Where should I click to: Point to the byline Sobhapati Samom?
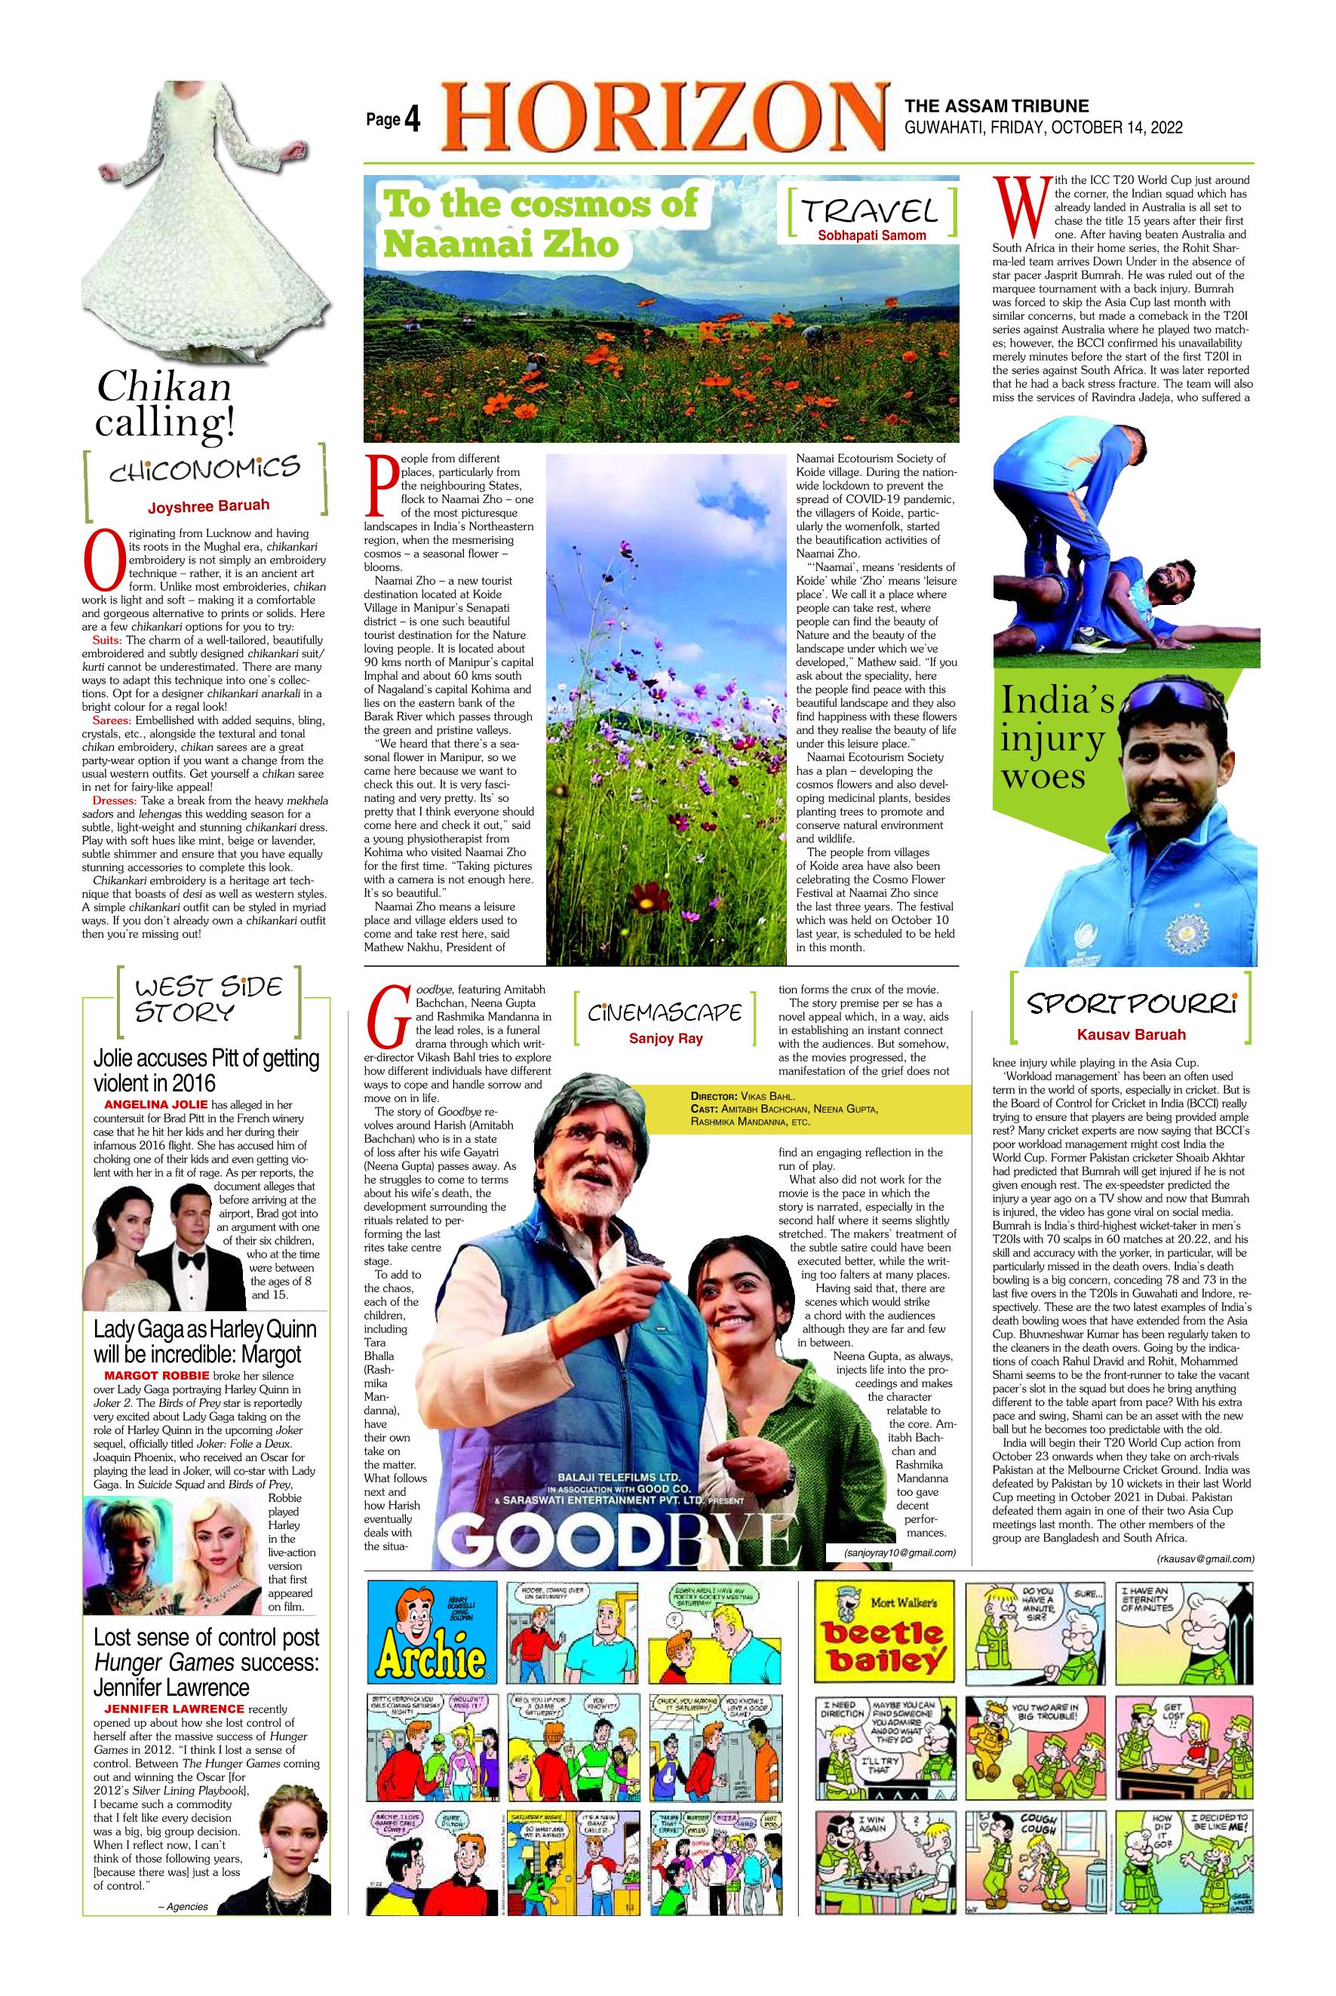point(871,235)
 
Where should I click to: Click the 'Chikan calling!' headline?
point(164,404)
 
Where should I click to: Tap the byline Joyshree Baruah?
point(208,506)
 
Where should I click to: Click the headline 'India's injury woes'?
point(1058,739)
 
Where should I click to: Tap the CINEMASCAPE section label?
point(664,1012)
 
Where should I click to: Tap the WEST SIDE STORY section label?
point(197,1000)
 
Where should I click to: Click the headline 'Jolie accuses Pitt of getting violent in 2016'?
point(205,1070)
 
